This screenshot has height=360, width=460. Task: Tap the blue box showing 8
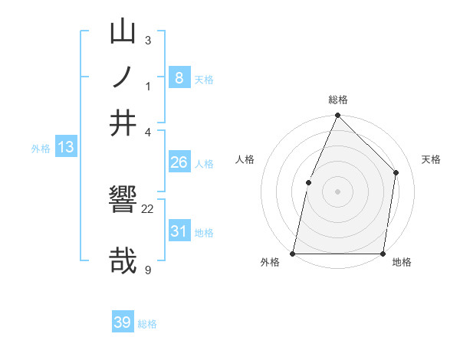tap(179, 77)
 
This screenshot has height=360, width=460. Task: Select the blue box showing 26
tap(179, 162)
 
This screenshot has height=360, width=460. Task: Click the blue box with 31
tap(179, 231)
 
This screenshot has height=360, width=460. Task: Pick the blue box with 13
tap(66, 147)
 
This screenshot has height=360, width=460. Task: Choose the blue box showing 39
tap(123, 322)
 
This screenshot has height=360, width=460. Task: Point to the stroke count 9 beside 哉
tap(147, 270)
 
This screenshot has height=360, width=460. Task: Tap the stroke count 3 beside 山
tap(147, 40)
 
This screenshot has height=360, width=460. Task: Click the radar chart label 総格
tap(338, 100)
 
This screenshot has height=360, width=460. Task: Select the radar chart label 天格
tap(431, 159)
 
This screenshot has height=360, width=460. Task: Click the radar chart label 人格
tap(245, 159)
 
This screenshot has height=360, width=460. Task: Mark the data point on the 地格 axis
tap(383, 254)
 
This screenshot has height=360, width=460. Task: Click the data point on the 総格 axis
tap(337, 116)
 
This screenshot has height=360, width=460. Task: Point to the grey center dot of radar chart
tap(337, 191)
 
